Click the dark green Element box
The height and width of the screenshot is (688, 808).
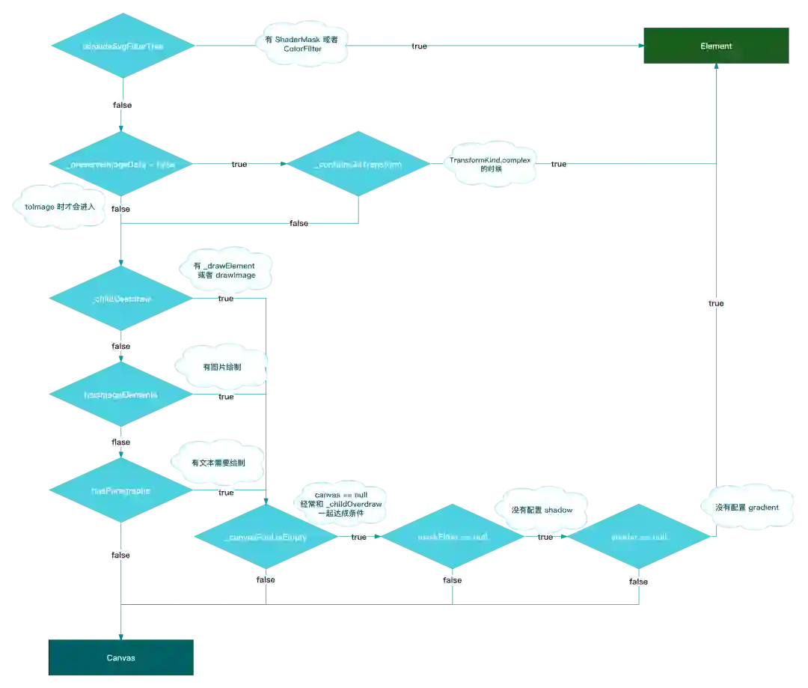point(715,46)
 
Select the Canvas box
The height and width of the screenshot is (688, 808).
point(122,657)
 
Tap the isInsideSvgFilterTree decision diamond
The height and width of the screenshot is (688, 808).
point(122,46)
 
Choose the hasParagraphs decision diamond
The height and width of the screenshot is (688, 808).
point(120,490)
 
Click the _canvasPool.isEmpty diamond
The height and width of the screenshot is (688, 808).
point(266,537)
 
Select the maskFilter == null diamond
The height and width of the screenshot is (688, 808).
point(452,537)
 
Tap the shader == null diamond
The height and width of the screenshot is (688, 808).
point(638,537)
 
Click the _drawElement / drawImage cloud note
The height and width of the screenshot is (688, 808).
point(224,270)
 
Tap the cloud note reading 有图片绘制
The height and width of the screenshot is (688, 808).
point(222,368)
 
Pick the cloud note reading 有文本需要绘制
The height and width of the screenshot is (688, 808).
point(218,463)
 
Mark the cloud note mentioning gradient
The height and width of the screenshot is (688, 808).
point(746,507)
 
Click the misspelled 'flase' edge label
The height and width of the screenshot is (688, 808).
point(120,442)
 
